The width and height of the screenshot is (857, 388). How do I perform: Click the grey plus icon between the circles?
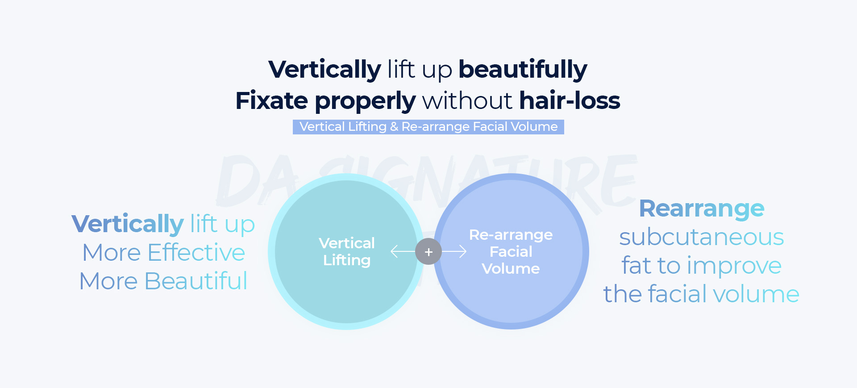428,252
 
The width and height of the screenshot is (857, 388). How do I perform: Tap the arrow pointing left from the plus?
403,252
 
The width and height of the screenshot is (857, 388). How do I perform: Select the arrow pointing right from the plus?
454,252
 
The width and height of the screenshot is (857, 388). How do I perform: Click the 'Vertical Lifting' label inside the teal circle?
347,252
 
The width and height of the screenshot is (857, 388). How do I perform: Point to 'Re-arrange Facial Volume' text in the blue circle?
511,252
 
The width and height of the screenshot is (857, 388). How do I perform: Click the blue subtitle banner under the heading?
428,127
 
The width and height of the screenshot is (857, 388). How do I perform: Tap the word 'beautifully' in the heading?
523,70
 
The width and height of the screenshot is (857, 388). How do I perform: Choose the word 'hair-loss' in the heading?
570,100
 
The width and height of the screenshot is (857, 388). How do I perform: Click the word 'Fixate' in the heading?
271,100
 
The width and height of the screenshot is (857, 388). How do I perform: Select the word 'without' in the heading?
467,100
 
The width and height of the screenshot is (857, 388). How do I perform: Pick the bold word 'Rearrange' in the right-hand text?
702,209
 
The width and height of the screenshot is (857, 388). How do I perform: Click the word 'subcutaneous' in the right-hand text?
702,237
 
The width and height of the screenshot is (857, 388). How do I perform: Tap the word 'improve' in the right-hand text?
734,266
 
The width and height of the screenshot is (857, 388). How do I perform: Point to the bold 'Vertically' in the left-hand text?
128,224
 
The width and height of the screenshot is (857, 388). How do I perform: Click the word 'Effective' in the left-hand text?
196,253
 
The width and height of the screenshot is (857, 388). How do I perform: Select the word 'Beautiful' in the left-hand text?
196,281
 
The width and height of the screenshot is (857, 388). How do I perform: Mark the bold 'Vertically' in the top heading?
325,70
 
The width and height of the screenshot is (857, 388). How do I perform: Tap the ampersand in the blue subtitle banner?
394,127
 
